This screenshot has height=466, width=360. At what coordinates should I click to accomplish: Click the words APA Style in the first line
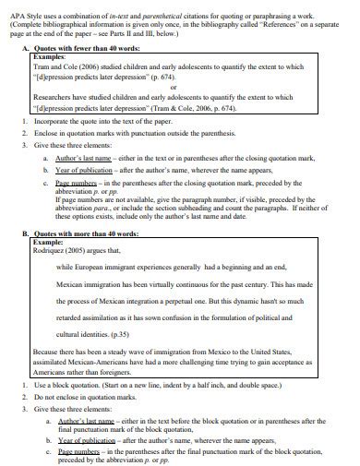pyautogui.click(x=19, y=7)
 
